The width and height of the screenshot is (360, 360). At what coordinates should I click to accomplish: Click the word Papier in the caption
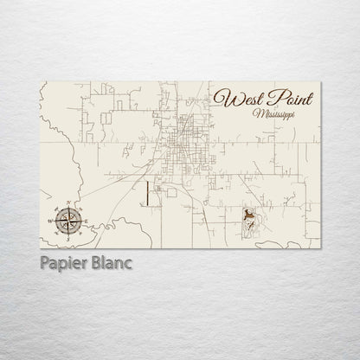pos(63,262)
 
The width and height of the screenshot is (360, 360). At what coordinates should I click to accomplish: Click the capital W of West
pos(224,100)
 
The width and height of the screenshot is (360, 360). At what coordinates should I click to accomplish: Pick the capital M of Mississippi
pos(248,116)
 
